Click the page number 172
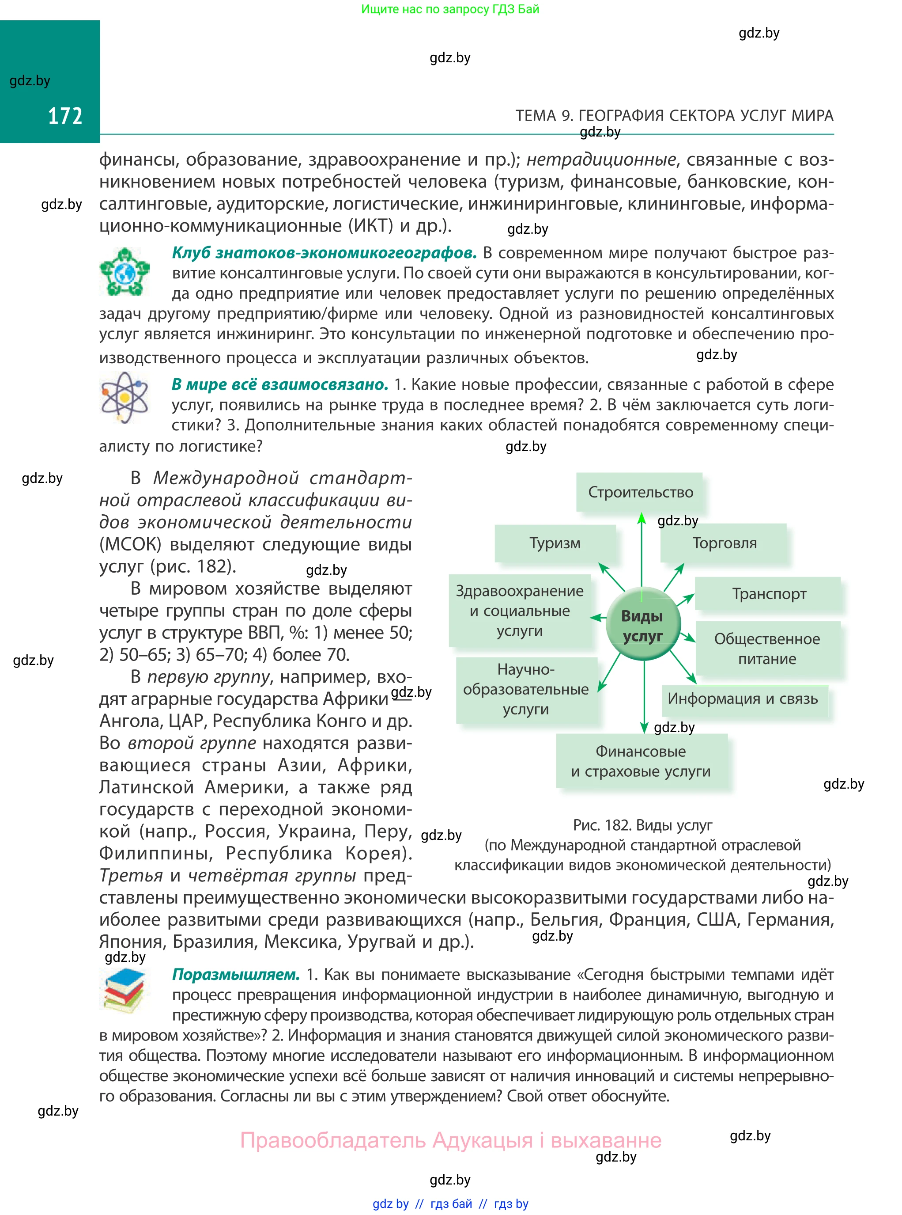65,116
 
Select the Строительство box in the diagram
640,492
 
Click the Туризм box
555,543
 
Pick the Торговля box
724,543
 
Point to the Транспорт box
768,594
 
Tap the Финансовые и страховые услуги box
641,761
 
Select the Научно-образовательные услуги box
526,689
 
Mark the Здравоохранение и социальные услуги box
520,610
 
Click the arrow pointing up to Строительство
642,547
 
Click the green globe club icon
125,272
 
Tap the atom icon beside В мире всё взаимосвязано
125,397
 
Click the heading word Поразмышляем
236,975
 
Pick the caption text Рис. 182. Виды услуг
643,825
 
